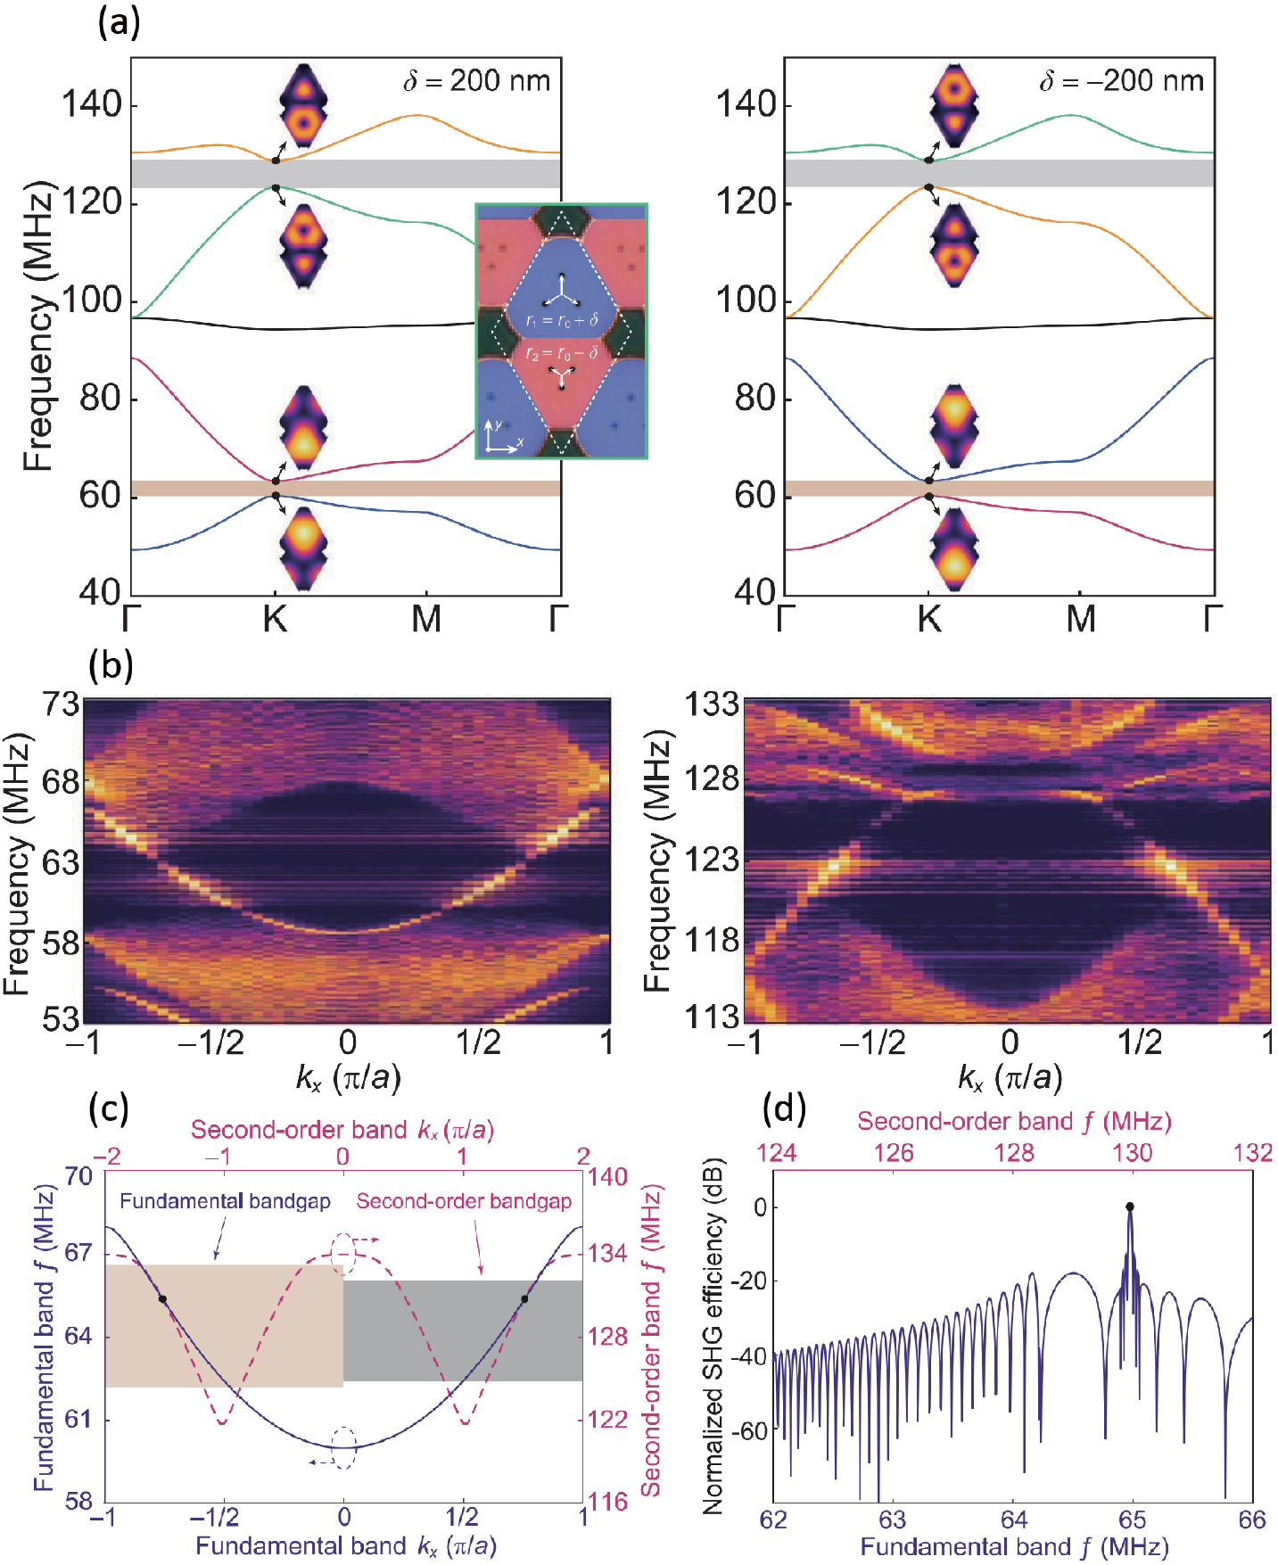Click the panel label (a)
(119, 21)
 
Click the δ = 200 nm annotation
(476, 81)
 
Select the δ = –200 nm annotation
(1121, 81)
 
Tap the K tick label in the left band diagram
(275, 618)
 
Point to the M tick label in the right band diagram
(1081, 618)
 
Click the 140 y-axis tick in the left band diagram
(91, 104)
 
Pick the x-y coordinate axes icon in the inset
(501, 437)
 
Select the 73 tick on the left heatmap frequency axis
(62, 704)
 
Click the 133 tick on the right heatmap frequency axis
(712, 704)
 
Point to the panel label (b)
(111, 665)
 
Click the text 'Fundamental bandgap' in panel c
(225, 1201)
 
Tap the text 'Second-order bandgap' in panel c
(464, 1201)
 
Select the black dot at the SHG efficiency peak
(1130, 1207)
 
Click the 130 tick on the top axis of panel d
(1132, 1153)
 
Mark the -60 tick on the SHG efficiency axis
(748, 1431)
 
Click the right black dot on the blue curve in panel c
(524, 1298)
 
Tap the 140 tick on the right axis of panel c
(607, 1177)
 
